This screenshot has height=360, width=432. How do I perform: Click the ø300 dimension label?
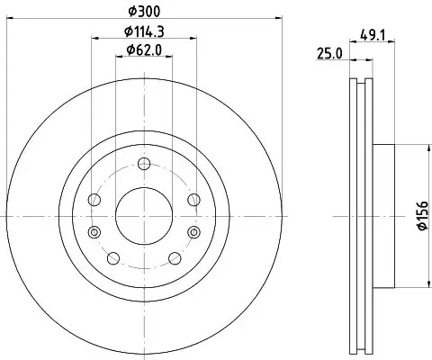(x=144, y=12)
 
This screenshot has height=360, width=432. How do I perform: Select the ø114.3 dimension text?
(x=144, y=31)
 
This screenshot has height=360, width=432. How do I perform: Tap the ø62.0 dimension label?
(x=144, y=49)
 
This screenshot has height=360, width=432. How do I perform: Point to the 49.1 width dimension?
(x=373, y=36)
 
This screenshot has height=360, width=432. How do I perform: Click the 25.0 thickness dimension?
(x=329, y=54)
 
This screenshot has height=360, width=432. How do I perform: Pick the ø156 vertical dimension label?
(x=423, y=216)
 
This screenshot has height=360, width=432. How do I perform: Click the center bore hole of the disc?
(x=144, y=216)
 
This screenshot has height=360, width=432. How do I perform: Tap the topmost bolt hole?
(x=144, y=164)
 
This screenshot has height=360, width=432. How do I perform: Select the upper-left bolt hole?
(x=94, y=200)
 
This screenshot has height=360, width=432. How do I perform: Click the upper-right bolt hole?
(x=193, y=200)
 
